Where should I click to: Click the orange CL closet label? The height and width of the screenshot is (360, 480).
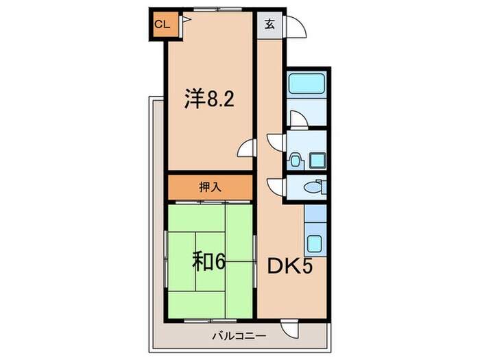(x=162, y=25)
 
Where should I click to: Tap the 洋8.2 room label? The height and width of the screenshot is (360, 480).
(x=209, y=100)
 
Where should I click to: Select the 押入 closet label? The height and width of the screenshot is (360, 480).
(x=211, y=187)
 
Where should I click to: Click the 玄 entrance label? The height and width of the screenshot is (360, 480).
(x=269, y=25)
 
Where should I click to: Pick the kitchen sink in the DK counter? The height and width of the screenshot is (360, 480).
(x=316, y=243)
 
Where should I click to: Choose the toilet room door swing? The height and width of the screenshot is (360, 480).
(x=276, y=185)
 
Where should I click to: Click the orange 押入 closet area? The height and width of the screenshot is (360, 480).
(x=185, y=187)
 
